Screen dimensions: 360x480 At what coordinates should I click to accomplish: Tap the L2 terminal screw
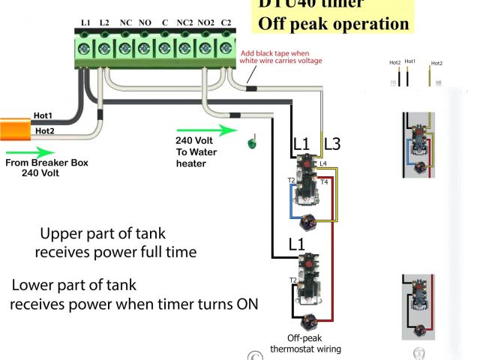click(x=104, y=48)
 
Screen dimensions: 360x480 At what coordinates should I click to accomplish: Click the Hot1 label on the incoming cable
click(x=43, y=115)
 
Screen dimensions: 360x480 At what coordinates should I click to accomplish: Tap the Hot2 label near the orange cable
click(x=43, y=130)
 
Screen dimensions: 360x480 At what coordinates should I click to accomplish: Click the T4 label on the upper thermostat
click(x=324, y=182)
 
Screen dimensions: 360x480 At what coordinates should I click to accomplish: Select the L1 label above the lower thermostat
click(x=296, y=245)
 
